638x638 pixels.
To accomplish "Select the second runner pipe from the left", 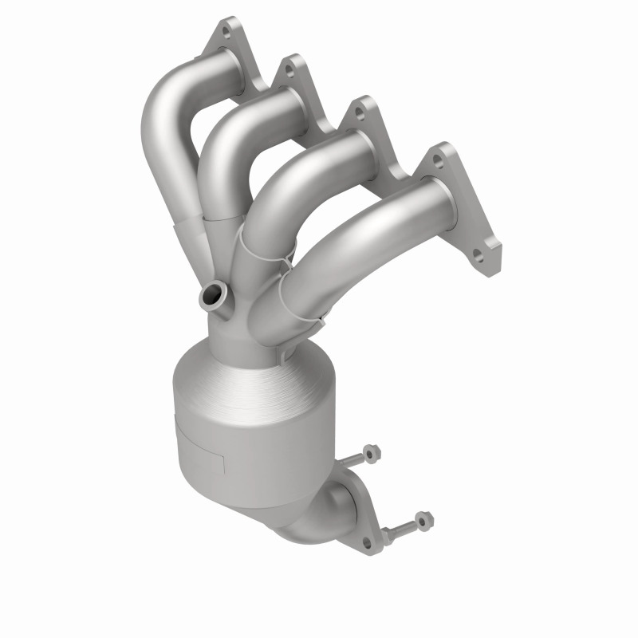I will pyautogui.click(x=231, y=136).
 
